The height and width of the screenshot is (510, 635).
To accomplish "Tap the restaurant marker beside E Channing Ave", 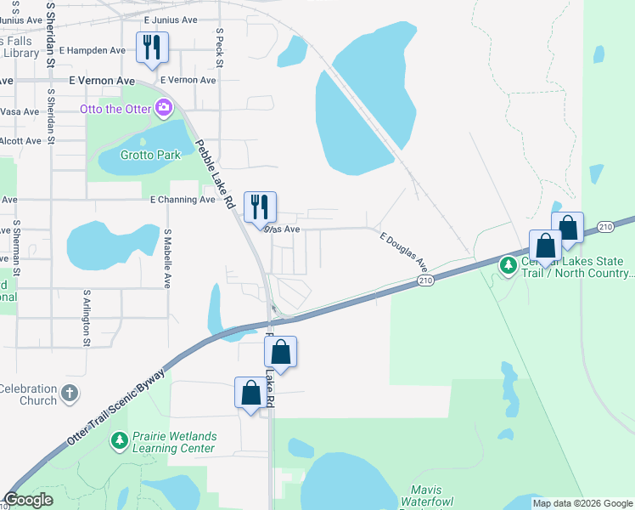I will click(260, 207).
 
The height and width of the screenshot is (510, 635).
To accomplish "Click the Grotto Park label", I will click(149, 156).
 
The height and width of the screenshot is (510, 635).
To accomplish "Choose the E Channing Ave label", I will click(183, 200).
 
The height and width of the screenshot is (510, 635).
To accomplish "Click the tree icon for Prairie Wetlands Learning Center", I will click(120, 441).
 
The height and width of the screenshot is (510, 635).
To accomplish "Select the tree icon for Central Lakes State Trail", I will click(509, 266).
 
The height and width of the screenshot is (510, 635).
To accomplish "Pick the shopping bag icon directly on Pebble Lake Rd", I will click(283, 351).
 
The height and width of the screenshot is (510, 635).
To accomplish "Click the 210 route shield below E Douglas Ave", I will click(426, 280).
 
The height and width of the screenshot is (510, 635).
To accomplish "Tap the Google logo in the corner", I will click(28, 500).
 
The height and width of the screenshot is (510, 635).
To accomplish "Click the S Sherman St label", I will click(16, 252).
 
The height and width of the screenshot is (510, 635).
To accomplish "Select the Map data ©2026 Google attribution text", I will click(582, 503).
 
